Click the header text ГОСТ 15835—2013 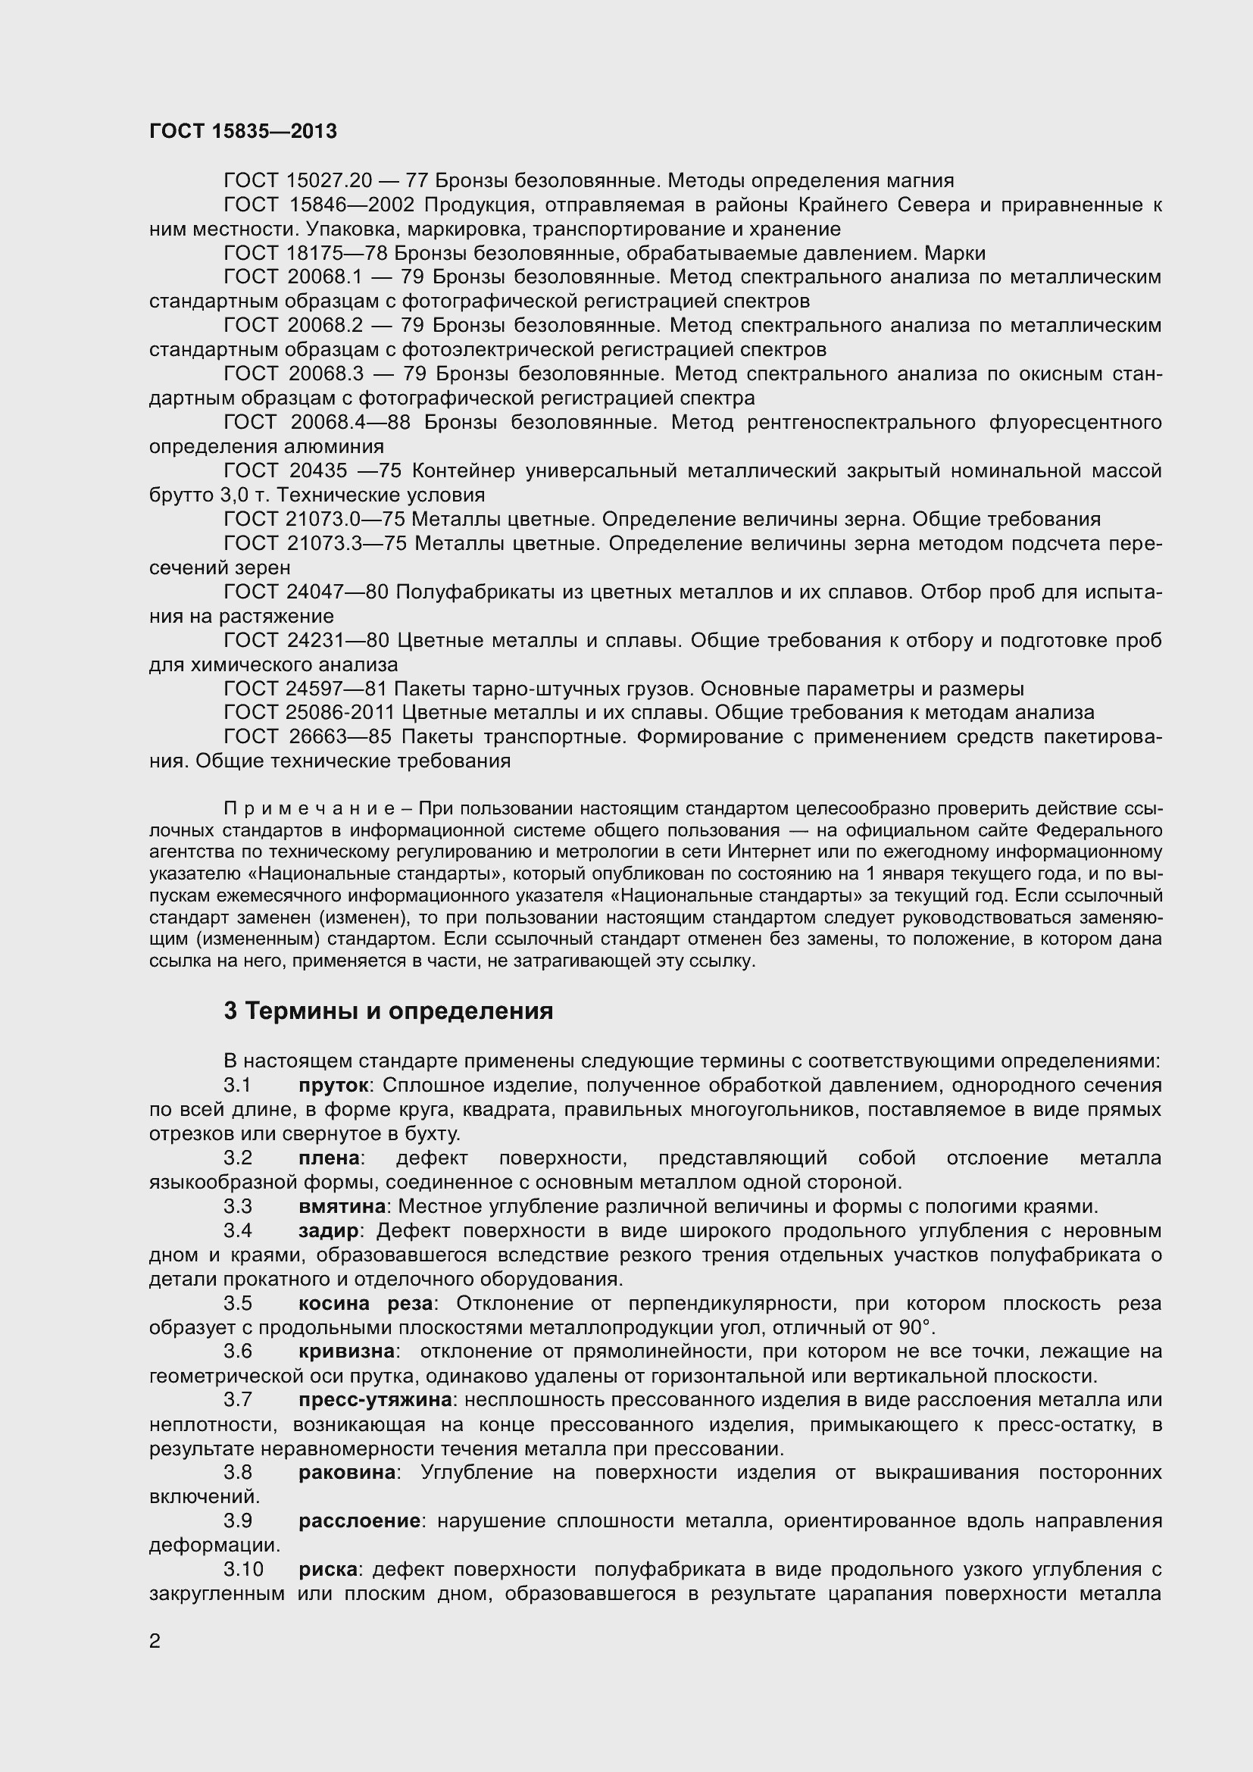tap(243, 132)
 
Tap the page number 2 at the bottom tap(155, 1642)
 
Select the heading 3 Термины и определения tap(388, 1011)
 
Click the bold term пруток tap(333, 1085)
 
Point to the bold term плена tap(329, 1158)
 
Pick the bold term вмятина tap(342, 1206)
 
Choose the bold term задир tap(328, 1231)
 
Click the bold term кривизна tap(346, 1352)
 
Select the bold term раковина tap(346, 1472)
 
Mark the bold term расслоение tap(359, 1520)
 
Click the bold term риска tap(328, 1569)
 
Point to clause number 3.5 tap(238, 1304)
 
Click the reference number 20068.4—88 tap(350, 423)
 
